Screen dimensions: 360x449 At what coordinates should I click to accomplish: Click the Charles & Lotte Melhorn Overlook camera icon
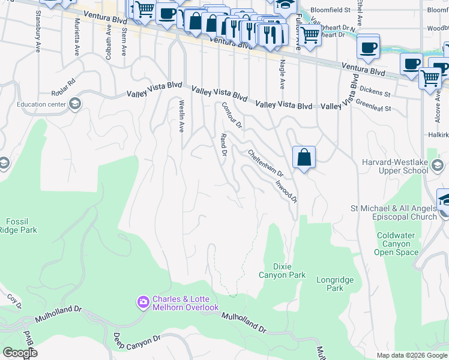[x=143, y=301]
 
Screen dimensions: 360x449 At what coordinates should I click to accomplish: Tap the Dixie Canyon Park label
[x=282, y=270]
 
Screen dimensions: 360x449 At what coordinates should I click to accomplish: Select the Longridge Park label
[x=335, y=284]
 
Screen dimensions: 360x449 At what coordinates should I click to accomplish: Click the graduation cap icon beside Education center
[x=75, y=104]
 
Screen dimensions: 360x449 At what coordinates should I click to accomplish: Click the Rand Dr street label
[x=223, y=145]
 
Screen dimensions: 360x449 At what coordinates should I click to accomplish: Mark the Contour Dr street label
[x=231, y=115]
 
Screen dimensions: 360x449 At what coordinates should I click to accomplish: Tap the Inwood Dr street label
[x=287, y=189]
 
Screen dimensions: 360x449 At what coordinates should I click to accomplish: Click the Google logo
[x=20, y=353]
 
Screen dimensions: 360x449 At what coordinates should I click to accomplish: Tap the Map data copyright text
[x=411, y=355]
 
